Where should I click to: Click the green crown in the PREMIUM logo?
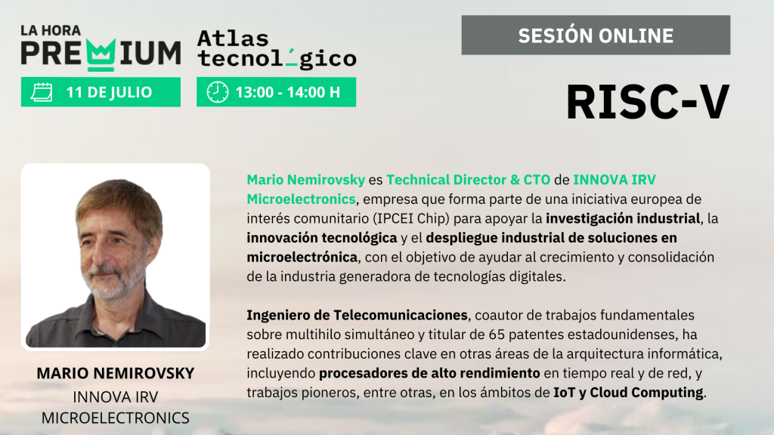point(101,54)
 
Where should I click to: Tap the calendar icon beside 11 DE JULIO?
point(42,92)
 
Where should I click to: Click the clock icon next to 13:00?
point(217,92)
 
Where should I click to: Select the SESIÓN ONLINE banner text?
point(596,35)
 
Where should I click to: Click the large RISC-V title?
point(648,102)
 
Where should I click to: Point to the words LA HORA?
point(51,30)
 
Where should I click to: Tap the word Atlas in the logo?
point(233,39)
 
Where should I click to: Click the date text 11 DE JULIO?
point(109,92)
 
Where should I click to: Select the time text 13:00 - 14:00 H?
point(288,92)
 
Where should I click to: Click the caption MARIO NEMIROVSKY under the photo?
point(116,373)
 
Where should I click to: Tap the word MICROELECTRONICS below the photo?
point(116,418)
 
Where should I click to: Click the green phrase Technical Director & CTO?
point(468,180)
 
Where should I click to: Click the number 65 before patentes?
point(497,335)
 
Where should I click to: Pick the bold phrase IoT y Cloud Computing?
point(628,393)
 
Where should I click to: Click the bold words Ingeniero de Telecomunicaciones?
point(357,315)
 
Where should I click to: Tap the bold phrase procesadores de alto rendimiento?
point(429,373)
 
